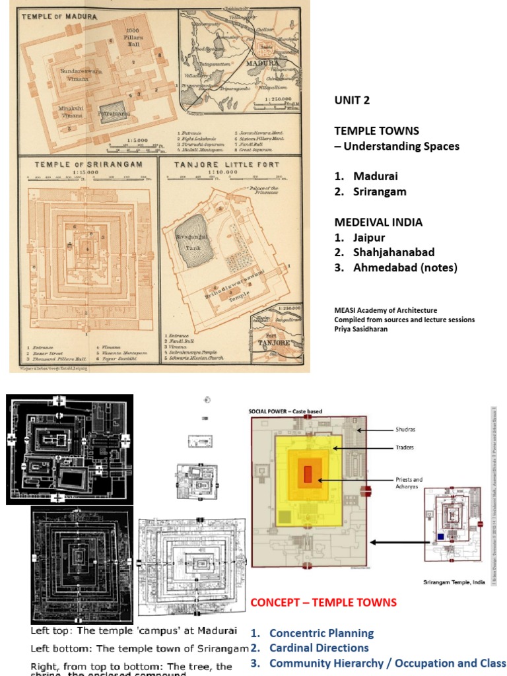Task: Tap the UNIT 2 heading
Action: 352,101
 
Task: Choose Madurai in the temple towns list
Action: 375,176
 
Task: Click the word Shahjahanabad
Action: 393,252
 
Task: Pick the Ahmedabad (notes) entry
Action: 405,267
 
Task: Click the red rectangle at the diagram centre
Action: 308,475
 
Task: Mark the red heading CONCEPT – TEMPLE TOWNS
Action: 323,602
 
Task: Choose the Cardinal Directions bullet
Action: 319,648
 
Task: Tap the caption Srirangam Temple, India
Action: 455,582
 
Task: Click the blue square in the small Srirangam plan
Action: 441,537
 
